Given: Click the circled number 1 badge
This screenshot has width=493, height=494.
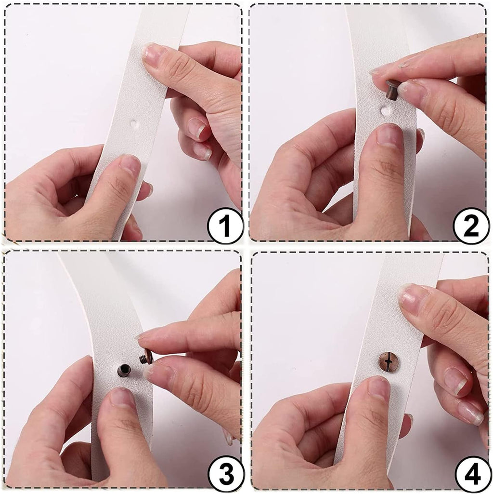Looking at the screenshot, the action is [225, 226].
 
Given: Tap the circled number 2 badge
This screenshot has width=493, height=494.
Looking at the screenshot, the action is [471, 226].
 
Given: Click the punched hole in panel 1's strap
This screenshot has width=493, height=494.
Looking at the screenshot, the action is [135, 124].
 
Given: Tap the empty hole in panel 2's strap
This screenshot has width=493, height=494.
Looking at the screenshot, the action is [385, 111].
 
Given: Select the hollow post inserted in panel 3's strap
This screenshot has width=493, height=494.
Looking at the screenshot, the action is [124, 370].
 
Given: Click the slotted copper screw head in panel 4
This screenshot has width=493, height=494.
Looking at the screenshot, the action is [388, 362].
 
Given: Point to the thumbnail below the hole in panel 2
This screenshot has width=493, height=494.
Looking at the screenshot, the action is [390, 135].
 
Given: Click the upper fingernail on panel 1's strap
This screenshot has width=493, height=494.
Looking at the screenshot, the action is [154, 54].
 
